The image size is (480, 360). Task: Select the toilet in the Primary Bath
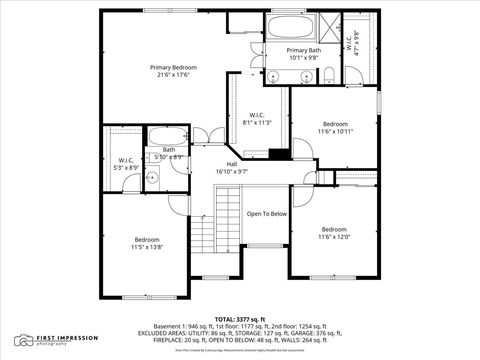(x=325, y=71)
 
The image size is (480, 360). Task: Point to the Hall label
(x=232, y=164)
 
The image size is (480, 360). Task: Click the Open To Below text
(x=267, y=213)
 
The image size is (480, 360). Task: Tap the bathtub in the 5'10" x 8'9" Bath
(x=168, y=137)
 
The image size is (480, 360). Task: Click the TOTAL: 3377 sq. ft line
(x=240, y=319)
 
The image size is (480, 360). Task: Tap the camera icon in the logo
(x=23, y=340)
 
